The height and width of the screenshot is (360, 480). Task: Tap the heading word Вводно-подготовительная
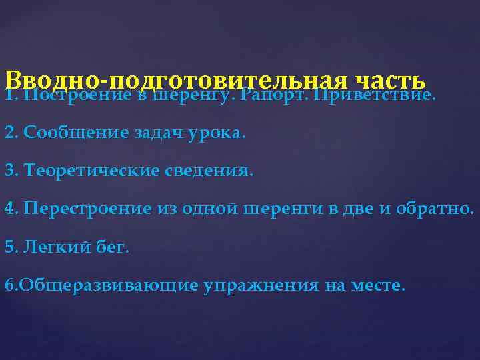(176, 81)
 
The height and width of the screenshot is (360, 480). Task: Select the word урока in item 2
(216, 132)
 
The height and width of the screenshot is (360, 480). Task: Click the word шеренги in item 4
(284, 209)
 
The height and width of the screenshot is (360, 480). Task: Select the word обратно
(434, 209)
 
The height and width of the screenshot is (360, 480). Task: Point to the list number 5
(9, 247)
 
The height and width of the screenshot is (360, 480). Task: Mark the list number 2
(9, 132)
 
